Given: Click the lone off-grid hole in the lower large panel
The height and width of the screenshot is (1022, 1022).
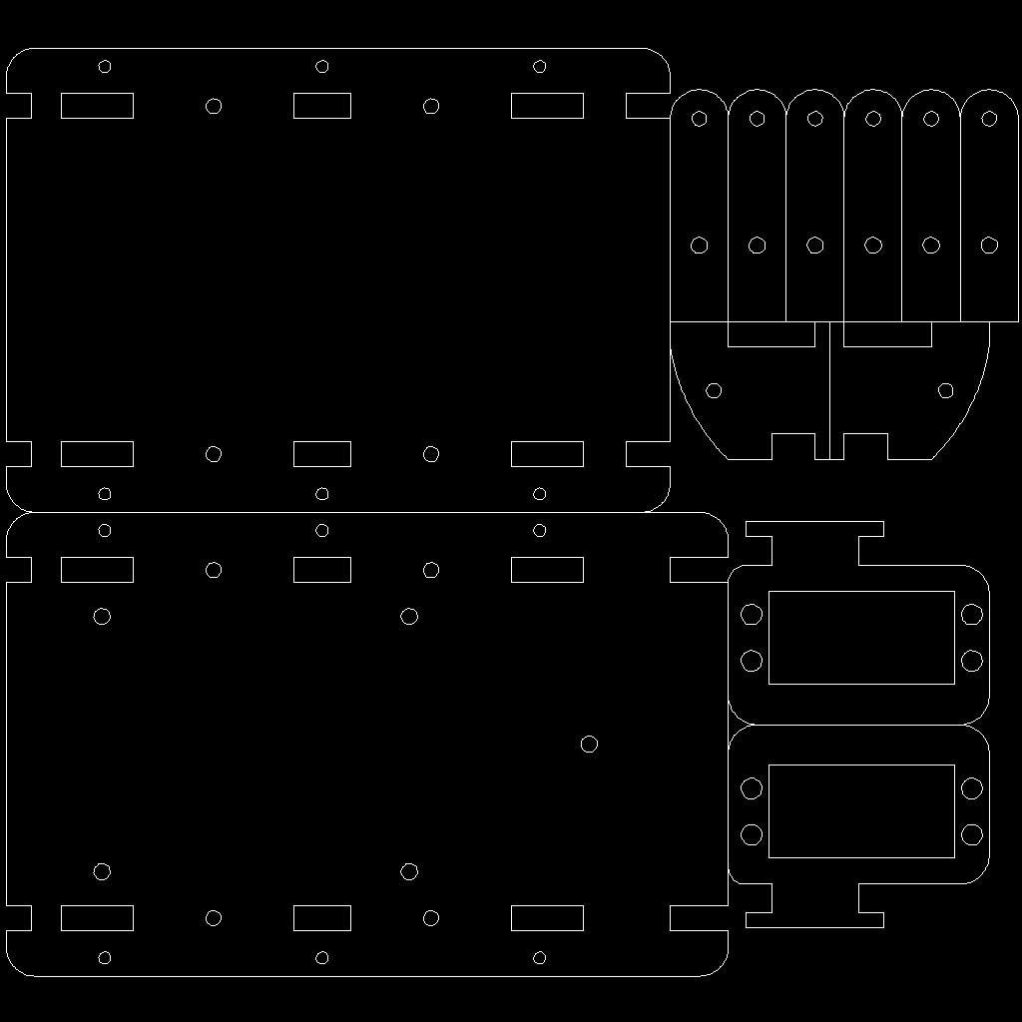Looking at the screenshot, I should pyautogui.click(x=589, y=744).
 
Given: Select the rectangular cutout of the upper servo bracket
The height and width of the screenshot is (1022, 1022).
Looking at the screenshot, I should pyautogui.click(x=861, y=637).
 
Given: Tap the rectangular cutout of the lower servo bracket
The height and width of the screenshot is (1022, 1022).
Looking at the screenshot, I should pyautogui.click(x=861, y=811).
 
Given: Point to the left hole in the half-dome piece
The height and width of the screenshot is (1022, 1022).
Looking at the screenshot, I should pyautogui.click(x=714, y=389).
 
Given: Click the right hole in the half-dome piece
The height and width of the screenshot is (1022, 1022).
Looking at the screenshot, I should pyautogui.click(x=945, y=389).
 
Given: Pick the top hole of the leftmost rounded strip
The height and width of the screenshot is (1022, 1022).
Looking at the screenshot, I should pyautogui.click(x=699, y=119).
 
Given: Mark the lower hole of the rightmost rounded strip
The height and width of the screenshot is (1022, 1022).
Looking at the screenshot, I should pyautogui.click(x=989, y=245).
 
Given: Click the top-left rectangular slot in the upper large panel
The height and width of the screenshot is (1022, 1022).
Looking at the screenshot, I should pyautogui.click(x=97, y=106).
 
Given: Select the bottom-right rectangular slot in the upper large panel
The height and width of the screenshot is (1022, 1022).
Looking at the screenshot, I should pyautogui.click(x=547, y=454).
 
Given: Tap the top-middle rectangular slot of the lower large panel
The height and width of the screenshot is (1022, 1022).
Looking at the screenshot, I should pyautogui.click(x=321, y=570).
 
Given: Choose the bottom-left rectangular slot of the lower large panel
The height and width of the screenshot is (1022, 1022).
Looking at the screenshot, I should pyautogui.click(x=97, y=918).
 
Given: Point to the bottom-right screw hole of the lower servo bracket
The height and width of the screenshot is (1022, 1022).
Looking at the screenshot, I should pyautogui.click(x=972, y=834).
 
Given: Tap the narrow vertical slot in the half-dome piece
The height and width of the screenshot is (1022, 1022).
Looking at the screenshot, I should pyautogui.click(x=829, y=389).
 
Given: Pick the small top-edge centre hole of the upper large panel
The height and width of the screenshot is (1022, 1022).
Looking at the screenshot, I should pyautogui.click(x=321, y=67).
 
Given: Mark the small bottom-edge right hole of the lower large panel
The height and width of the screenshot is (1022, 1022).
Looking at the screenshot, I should pyautogui.click(x=540, y=958).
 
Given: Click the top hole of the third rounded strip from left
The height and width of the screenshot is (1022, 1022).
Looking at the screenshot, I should pyautogui.click(x=814, y=119).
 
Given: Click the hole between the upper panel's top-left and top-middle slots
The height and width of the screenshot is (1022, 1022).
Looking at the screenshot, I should pyautogui.click(x=214, y=106).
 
